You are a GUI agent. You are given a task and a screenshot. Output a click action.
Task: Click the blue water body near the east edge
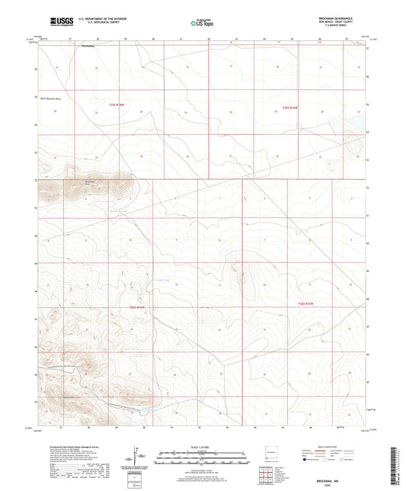(355, 122)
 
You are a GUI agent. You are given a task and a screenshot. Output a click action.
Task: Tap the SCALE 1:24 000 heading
(202, 446)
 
